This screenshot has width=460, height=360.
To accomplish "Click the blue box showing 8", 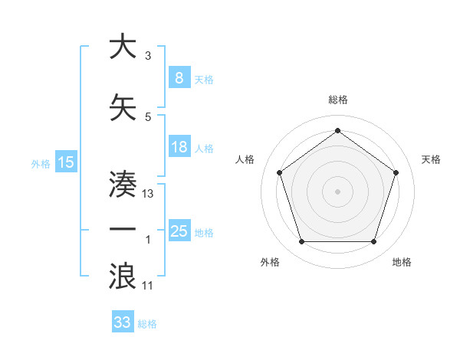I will point(179,78).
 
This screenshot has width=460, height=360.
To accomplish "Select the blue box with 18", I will point(179,148).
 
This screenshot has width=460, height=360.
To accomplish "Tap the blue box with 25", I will point(179,231).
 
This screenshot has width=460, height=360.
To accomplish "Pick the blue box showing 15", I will point(65,162).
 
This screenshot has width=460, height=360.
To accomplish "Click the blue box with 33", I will point(123,322).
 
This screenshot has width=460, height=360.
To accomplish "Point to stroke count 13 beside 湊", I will point(149,194).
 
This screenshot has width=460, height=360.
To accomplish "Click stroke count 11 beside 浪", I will point(148,286).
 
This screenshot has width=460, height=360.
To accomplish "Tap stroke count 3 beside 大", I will point(147,57).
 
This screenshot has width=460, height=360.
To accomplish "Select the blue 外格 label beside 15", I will point(40,163).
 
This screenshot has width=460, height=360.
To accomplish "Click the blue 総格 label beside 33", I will point(147,324).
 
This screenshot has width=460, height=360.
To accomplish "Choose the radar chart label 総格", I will point(337,100).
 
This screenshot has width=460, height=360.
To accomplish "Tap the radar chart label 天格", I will point(432,159).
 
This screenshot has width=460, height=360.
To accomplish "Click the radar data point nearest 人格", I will point(279,172).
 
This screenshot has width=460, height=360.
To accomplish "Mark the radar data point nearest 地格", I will point(373,242).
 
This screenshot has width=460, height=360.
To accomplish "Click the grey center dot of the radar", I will point(337,191).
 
